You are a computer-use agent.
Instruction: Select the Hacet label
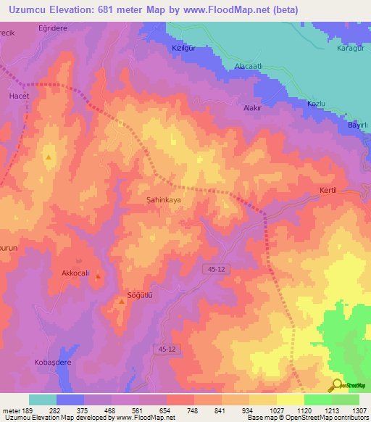click(18, 96)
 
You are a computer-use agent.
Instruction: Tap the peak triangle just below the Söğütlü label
click(121, 302)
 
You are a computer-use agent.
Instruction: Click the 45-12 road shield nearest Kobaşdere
click(166, 349)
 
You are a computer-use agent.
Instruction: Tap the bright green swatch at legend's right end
click(345, 400)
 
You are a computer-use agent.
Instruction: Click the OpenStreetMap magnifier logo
click(337, 385)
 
